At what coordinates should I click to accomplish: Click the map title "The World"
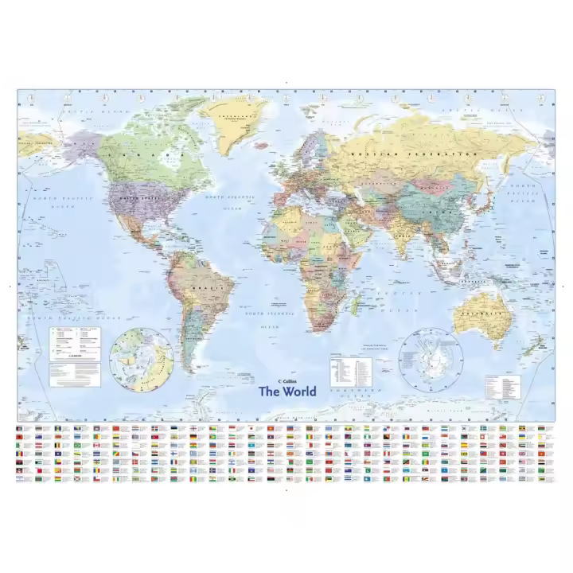click(x=287, y=391)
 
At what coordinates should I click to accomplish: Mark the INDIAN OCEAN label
click(x=390, y=298)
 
